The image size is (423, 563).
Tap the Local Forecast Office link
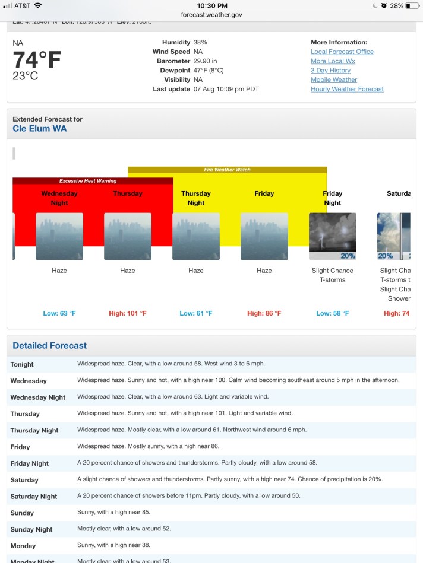pyautogui.click(x=342, y=52)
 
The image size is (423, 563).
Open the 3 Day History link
pyautogui.click(x=330, y=71)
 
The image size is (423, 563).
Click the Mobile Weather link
pyautogui.click(x=334, y=79)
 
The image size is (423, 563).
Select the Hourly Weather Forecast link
pyautogui.click(x=347, y=89)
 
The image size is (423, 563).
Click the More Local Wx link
pyautogui.click(x=333, y=61)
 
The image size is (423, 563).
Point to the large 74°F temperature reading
pyautogui.click(x=37, y=60)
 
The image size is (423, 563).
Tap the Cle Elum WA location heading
pyautogui.click(x=40, y=128)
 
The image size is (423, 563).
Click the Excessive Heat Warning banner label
pyautogui.click(x=88, y=181)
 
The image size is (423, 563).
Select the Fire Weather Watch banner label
pyautogui.click(x=227, y=170)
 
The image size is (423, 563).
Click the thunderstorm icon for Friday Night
pyautogui.click(x=333, y=236)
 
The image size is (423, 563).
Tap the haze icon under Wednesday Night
pyautogui.click(x=59, y=236)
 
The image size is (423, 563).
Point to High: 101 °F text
pyautogui.click(x=128, y=313)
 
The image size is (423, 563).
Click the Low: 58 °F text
pyautogui.click(x=333, y=313)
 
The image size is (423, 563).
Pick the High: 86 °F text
pyautogui.click(x=264, y=313)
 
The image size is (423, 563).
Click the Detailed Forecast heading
pyautogui.click(x=50, y=346)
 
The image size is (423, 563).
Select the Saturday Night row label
pyautogui.click(x=34, y=497)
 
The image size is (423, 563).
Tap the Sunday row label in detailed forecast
pyautogui.click(x=22, y=513)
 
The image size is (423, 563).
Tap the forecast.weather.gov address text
pyautogui.click(x=211, y=15)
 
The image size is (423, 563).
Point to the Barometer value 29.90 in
pyautogui.click(x=206, y=61)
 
